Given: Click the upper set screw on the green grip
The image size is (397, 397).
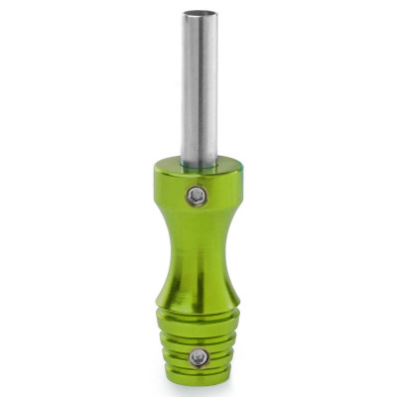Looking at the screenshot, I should click(198, 196).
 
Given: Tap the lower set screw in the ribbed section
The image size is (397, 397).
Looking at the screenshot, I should click(199, 357).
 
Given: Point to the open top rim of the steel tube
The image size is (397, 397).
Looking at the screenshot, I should click(199, 14).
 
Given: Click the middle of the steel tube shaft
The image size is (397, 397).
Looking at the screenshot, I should click(199, 89).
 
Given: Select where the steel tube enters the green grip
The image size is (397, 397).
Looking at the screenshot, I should click(199, 162).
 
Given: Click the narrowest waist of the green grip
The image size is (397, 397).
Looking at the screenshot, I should click(198, 248).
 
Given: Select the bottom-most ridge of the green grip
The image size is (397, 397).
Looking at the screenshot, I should click(198, 375).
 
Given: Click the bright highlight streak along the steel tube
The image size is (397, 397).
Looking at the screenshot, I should click(205, 89).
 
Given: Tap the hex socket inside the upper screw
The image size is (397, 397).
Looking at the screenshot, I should click(198, 196).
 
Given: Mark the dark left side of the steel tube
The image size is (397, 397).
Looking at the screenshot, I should click(186, 89).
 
